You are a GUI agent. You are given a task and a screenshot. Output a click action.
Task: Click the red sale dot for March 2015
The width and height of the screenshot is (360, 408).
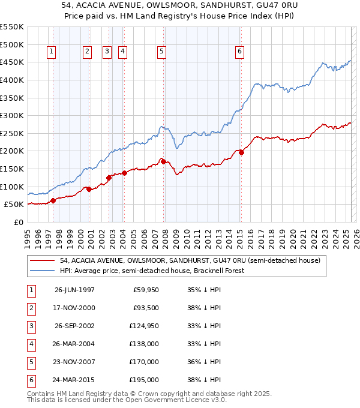click(241, 152)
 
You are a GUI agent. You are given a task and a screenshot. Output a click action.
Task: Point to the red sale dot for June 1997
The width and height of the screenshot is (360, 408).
click(53, 200)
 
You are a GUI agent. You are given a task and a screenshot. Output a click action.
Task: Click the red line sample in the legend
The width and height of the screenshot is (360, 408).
click(43, 260)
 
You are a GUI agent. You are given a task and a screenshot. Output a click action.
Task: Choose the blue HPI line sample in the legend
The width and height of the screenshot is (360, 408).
click(43, 271)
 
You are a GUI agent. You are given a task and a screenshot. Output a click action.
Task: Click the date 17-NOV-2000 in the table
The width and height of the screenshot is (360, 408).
click(74, 308)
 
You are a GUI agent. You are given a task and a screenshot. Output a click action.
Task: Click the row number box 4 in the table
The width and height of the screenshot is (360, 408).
click(31, 344)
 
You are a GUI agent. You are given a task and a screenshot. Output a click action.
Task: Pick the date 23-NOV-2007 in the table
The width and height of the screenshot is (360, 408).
click(74, 362)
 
